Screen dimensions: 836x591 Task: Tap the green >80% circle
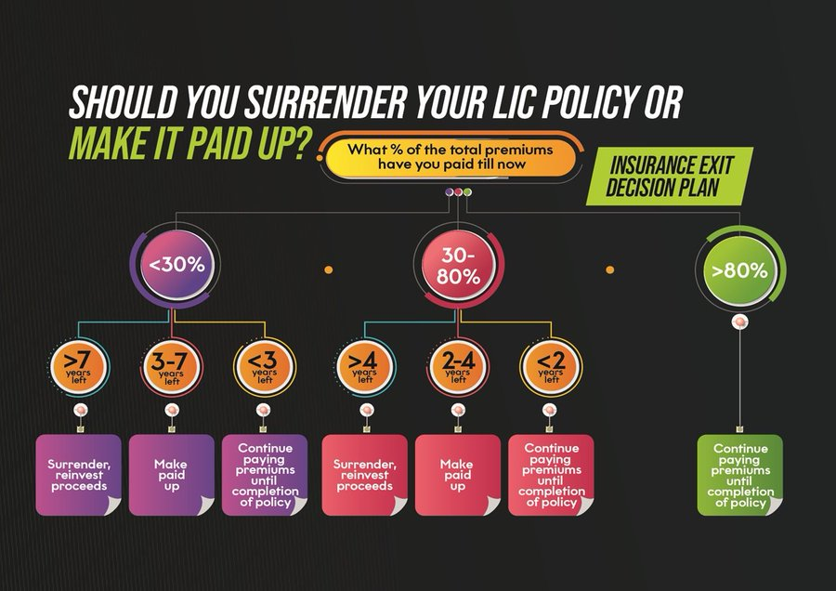click(739, 271)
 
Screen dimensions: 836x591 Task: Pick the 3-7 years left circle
click(171, 364)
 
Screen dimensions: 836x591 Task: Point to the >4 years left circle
click(360, 364)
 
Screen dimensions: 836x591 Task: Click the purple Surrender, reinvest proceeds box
click(78, 474)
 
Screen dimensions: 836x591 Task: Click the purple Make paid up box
click(171, 474)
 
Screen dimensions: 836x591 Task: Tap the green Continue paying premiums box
click(739, 474)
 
